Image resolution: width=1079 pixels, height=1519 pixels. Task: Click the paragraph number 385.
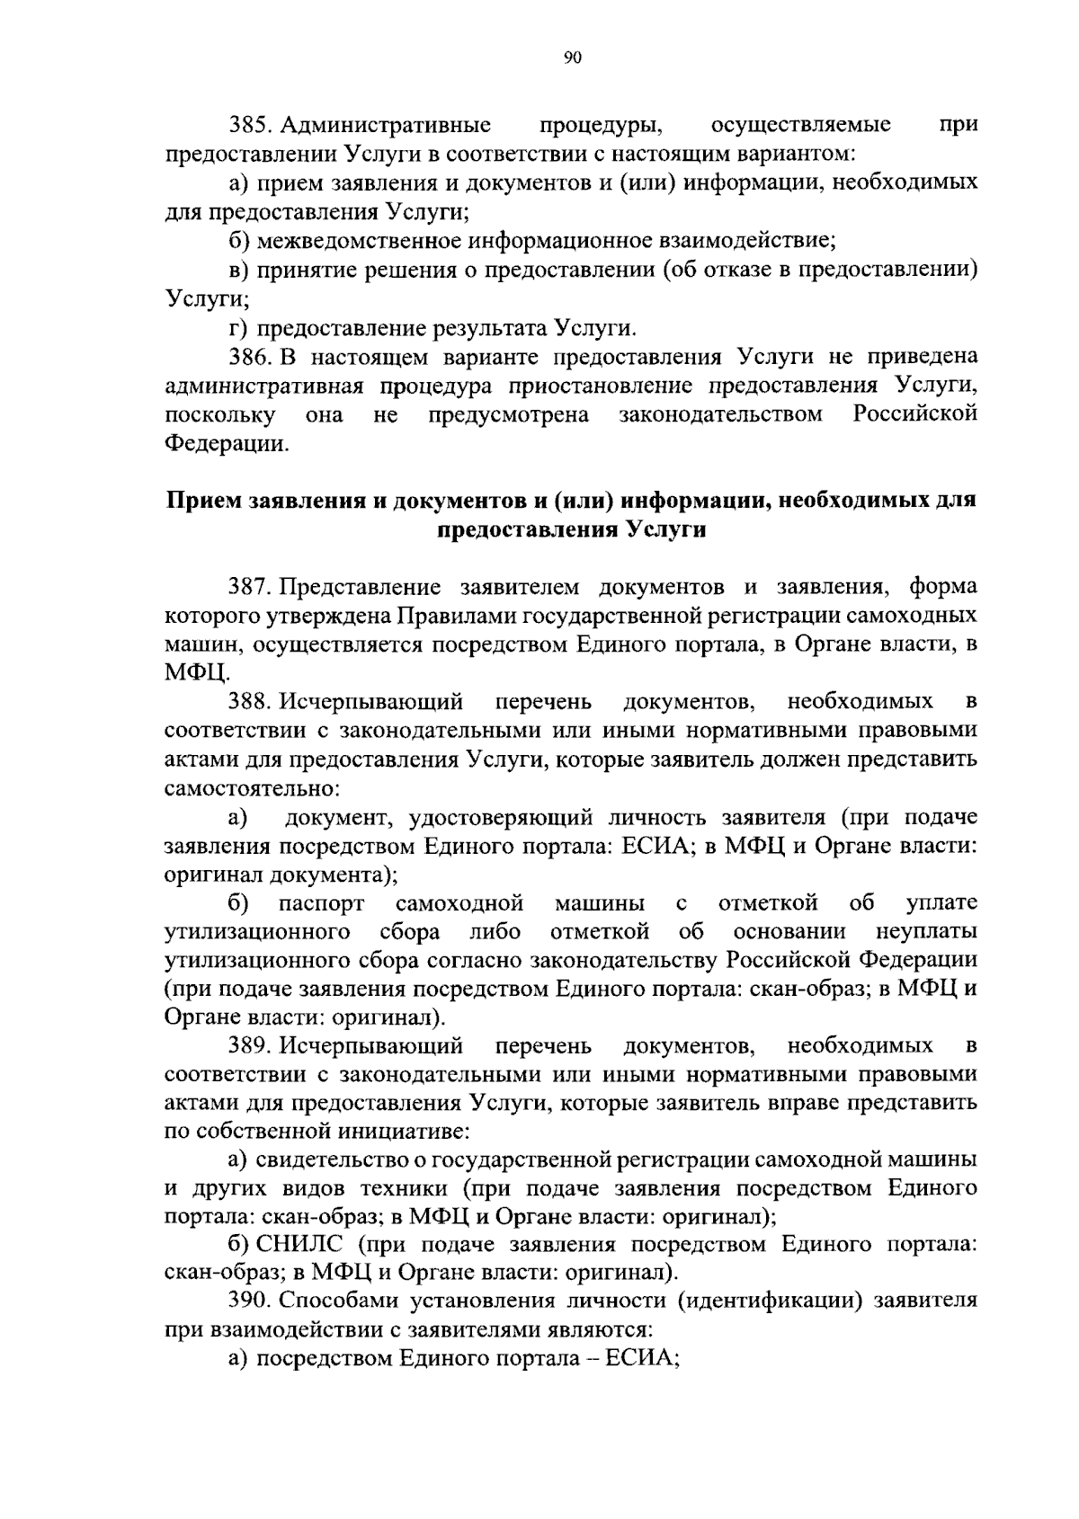pyautogui.click(x=249, y=124)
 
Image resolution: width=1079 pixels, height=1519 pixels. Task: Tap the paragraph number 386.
pyautogui.click(x=249, y=357)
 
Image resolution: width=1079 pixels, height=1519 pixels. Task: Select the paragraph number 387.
pyautogui.click(x=249, y=587)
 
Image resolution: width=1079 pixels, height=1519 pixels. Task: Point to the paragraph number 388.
pyautogui.click(x=249, y=700)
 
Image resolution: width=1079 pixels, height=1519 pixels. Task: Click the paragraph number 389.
pyautogui.click(x=249, y=1045)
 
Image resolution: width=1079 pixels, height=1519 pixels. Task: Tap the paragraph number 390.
pyautogui.click(x=249, y=1300)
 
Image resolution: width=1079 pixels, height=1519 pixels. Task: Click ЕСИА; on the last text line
pyautogui.click(x=641, y=1357)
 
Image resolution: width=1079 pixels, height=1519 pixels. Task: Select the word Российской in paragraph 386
pyautogui.click(x=914, y=414)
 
